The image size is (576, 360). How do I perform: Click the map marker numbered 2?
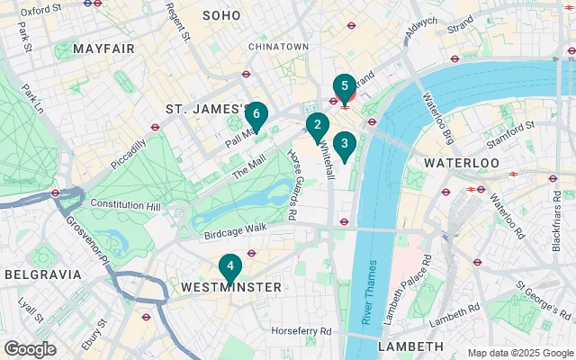click(316, 126)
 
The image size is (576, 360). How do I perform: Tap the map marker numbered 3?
click(344, 144)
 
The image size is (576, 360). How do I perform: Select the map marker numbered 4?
click(230, 267)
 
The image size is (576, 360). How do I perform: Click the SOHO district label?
click(221, 15)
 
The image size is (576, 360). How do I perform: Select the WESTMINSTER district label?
click(231, 287)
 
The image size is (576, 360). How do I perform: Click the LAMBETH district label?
click(410, 346)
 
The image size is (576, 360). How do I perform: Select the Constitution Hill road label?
click(124, 204)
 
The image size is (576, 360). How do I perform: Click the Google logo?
click(30, 348)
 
